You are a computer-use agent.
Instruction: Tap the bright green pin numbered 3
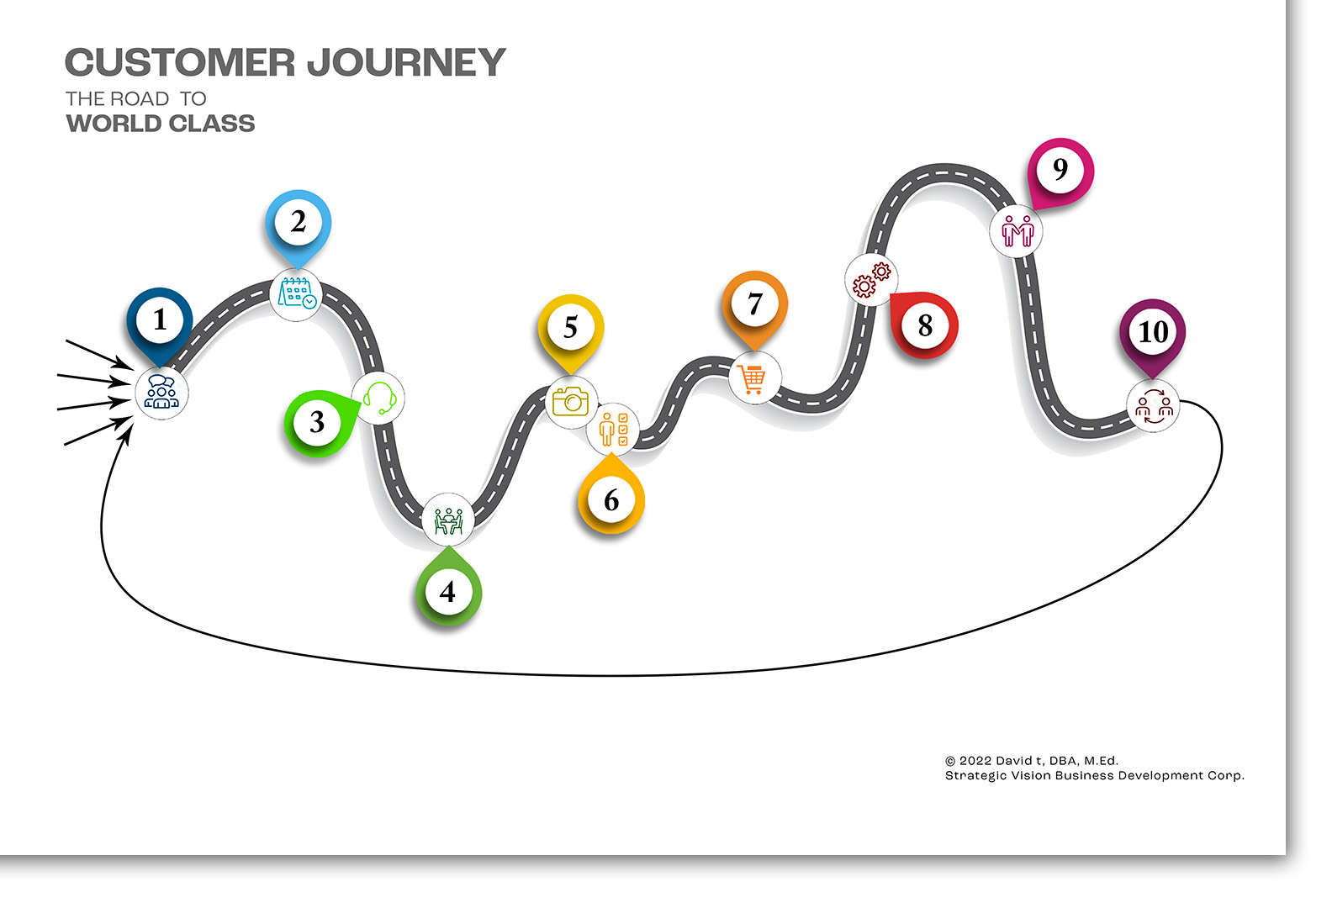(x=320, y=422)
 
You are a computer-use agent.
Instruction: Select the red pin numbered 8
(x=922, y=324)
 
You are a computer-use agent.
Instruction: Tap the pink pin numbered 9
(x=1060, y=172)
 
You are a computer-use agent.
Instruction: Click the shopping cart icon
(x=752, y=379)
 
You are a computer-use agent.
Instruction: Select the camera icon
(x=571, y=401)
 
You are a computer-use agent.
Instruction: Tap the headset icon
(x=379, y=397)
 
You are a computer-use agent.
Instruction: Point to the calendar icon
(x=297, y=293)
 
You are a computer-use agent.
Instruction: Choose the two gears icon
(x=872, y=280)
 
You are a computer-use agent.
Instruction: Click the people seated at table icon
(x=448, y=521)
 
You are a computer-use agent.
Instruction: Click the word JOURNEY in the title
(x=406, y=62)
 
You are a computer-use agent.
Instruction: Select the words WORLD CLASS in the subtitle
(x=161, y=124)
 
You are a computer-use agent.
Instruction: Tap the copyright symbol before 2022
(x=949, y=761)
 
